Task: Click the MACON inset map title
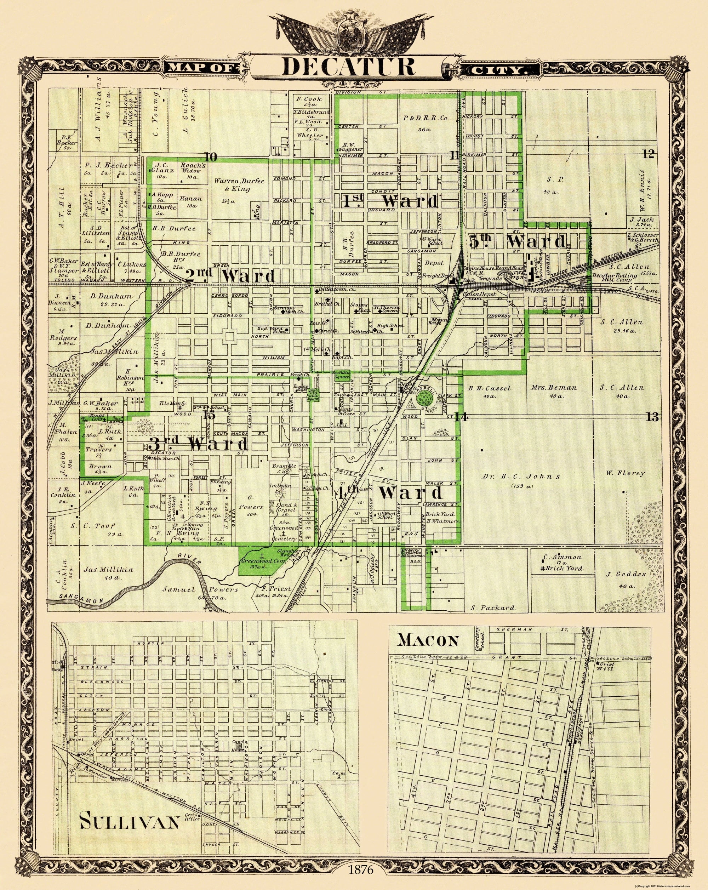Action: pyautogui.click(x=428, y=640)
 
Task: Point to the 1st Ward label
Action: pyautogui.click(x=390, y=202)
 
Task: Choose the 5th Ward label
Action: pyautogui.click(x=518, y=242)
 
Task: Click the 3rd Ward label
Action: pyautogui.click(x=198, y=444)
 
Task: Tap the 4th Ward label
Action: pyautogui.click(x=389, y=493)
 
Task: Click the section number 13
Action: pyautogui.click(x=652, y=417)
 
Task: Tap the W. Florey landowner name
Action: pyautogui.click(x=626, y=473)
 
